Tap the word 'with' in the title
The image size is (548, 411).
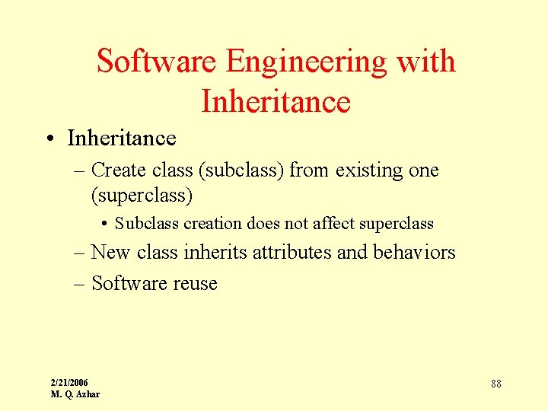[427, 62]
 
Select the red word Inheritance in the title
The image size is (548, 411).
[276, 100]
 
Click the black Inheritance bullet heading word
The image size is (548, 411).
[122, 138]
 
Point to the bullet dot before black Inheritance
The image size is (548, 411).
[48, 139]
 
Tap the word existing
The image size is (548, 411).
[368, 170]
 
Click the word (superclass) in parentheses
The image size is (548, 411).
[142, 196]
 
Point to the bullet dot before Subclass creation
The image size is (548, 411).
[104, 224]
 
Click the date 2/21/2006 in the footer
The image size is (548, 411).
[69, 382]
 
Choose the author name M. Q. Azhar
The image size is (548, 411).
[75, 393]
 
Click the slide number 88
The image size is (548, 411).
[496, 384]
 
